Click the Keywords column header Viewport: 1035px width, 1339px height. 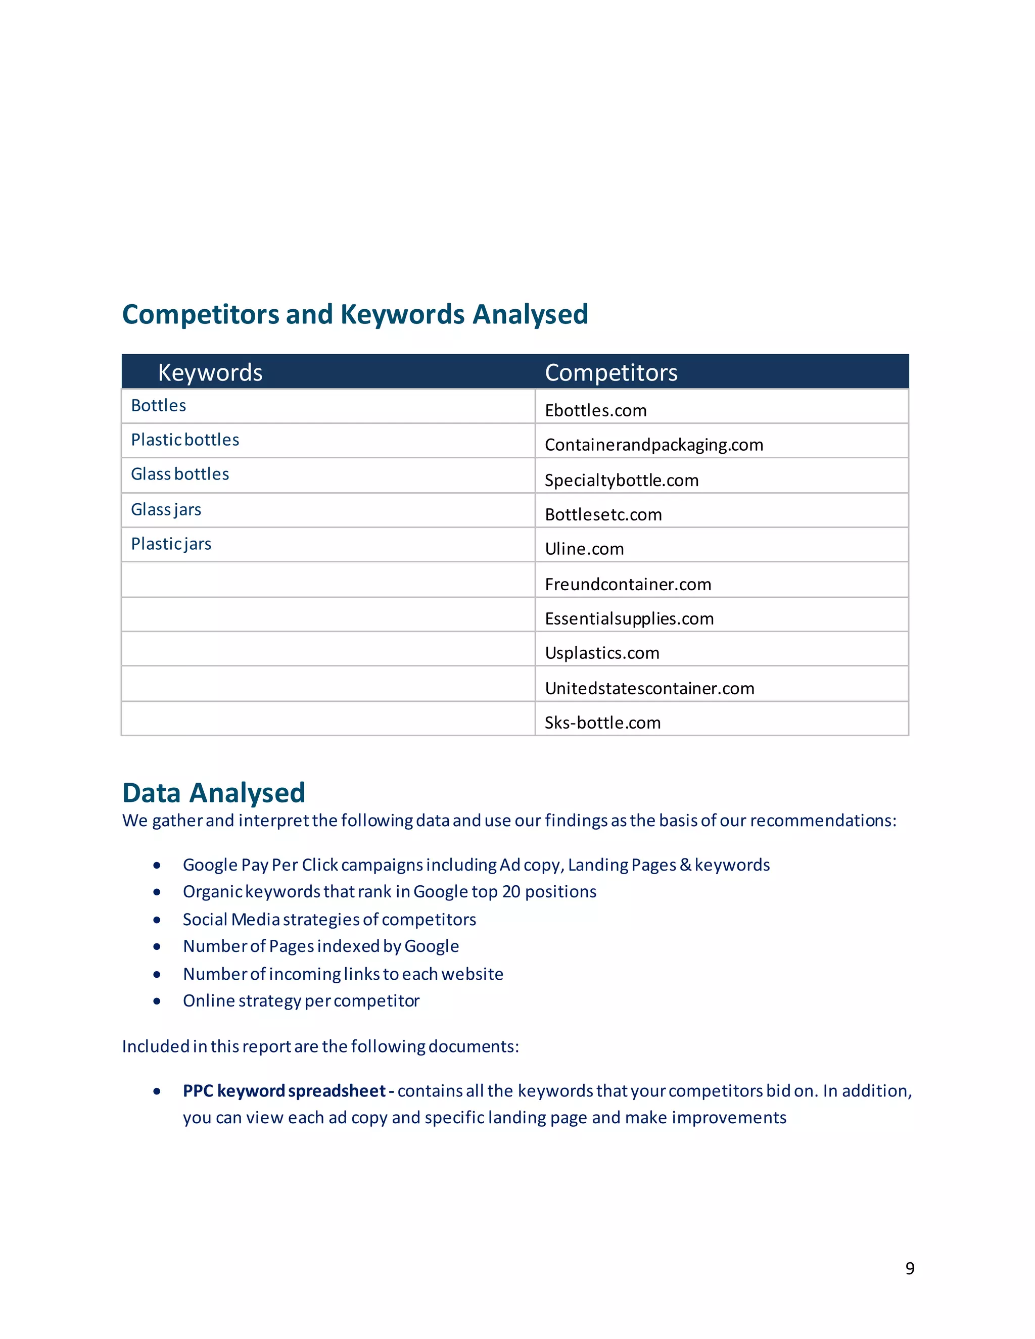click(x=210, y=373)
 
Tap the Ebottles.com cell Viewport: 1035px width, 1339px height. click(x=595, y=410)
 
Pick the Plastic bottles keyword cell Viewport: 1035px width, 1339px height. click(x=184, y=440)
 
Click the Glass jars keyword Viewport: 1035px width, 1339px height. click(x=166, y=509)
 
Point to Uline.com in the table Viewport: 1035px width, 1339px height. click(x=584, y=549)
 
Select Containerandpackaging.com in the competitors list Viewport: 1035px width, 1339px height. click(x=653, y=445)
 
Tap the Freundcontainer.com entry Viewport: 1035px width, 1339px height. click(x=628, y=584)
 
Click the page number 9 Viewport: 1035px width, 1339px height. click(x=910, y=1268)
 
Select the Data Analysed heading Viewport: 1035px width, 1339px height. click(x=213, y=793)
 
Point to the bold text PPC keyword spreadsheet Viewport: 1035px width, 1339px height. click(x=284, y=1091)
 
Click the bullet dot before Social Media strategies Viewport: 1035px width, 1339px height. click(x=157, y=920)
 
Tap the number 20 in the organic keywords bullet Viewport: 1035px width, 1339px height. click(x=511, y=891)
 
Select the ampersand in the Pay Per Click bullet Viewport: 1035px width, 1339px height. click(x=685, y=865)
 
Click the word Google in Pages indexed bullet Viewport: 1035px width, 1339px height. click(x=431, y=946)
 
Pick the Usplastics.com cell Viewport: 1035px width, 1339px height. click(x=601, y=653)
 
